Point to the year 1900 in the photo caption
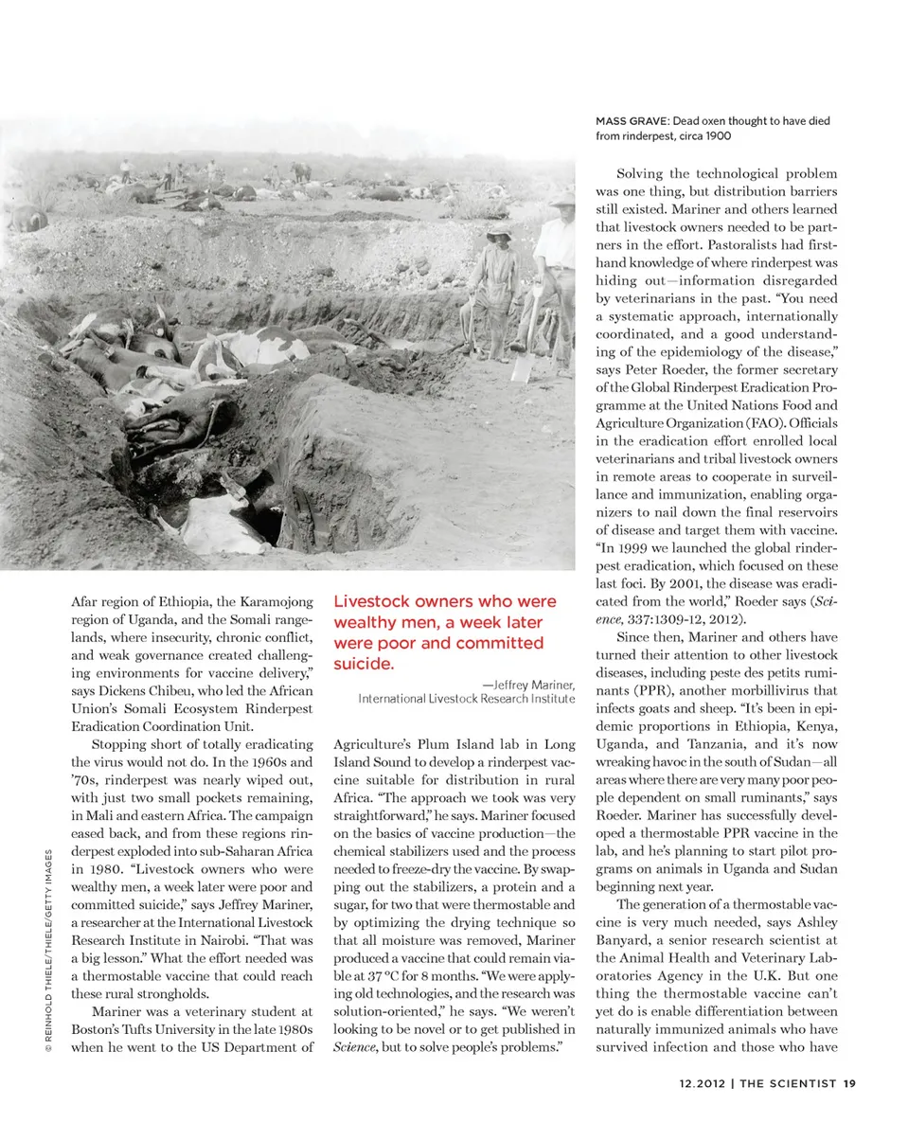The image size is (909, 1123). [x=716, y=135]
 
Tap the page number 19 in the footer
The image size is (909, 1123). [x=849, y=1084]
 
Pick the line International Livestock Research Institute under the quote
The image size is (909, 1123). [x=466, y=699]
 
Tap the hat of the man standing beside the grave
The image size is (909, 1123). [x=499, y=230]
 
